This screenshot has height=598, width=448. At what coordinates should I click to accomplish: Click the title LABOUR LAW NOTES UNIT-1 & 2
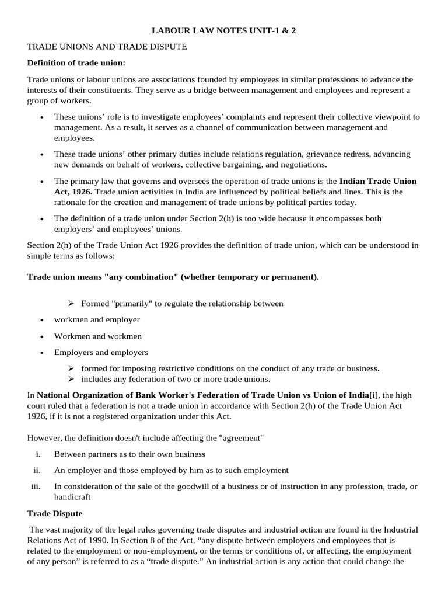click(223, 30)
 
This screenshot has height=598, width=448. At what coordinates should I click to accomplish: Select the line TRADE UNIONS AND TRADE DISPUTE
click(107, 47)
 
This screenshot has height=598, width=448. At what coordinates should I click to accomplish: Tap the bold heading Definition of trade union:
click(76, 62)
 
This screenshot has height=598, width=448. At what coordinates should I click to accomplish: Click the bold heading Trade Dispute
click(55, 513)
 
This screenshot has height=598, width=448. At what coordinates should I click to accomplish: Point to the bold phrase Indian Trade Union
click(378, 182)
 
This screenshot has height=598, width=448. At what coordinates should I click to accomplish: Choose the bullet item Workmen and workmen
click(98, 336)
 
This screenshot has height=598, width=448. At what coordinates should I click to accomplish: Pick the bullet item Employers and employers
click(101, 353)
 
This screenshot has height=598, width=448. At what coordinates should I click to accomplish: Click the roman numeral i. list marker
click(38, 454)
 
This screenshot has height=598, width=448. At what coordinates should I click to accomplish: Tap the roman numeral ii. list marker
click(37, 470)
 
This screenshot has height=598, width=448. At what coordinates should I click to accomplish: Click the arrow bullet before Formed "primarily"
click(71, 304)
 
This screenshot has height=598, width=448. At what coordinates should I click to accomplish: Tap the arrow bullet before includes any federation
click(71, 379)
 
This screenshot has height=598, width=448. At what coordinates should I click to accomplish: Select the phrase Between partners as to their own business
click(129, 454)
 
